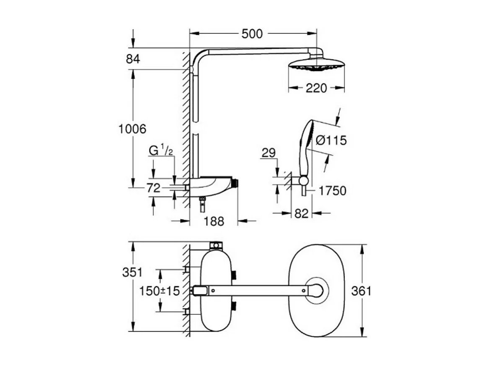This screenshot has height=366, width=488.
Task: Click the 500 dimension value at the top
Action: pos(252,34)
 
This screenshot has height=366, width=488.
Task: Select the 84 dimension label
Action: pos(133,59)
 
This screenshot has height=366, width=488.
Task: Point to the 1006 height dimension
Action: pos(133,129)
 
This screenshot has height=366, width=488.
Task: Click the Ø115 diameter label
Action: pos(331,140)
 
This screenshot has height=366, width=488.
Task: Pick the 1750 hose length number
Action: pos(332,191)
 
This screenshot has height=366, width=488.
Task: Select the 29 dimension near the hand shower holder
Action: pos(269,153)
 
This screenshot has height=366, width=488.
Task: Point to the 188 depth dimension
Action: pos(214,221)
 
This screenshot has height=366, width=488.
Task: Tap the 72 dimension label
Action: pos(153,188)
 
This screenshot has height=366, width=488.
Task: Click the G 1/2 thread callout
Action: pos(161,151)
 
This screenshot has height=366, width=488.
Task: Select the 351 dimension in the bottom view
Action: pos(132,272)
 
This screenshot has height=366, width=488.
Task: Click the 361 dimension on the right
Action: pos(361,291)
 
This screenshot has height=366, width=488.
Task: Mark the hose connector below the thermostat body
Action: pos(202,205)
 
